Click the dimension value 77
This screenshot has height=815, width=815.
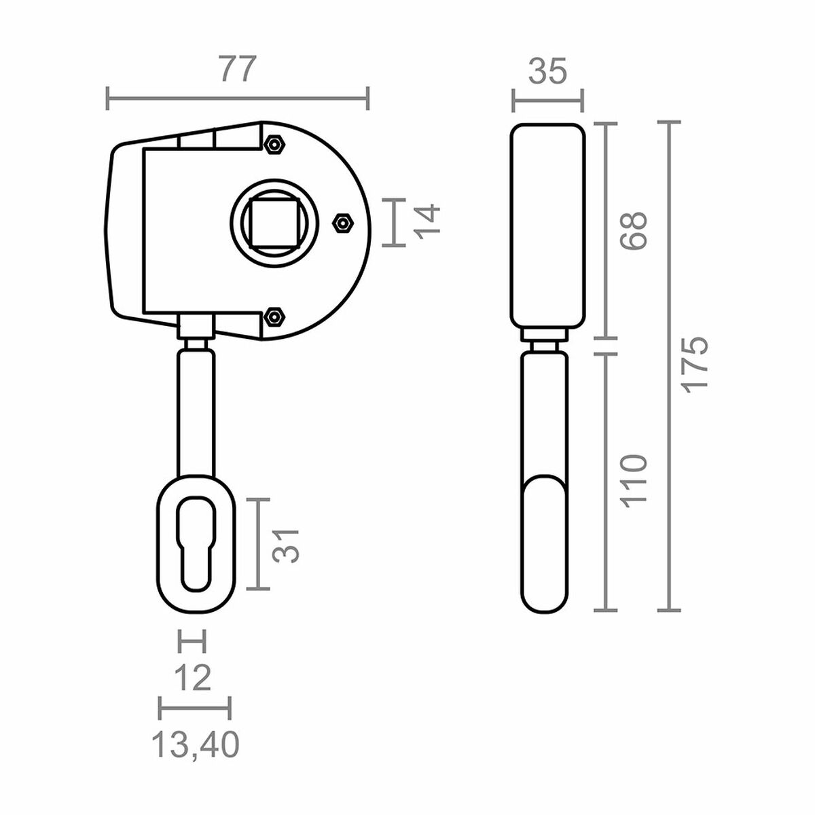237,69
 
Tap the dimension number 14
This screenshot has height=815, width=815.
428,222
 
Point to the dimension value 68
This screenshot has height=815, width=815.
634,230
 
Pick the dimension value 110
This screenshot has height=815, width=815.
634,481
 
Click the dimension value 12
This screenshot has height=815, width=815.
192,677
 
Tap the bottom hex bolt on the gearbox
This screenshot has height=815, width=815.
274,316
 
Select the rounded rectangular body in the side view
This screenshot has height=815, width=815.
547,224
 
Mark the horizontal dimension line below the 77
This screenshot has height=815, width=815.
237,98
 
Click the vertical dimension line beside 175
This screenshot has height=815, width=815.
669,367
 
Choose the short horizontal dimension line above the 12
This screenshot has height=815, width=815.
191,640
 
